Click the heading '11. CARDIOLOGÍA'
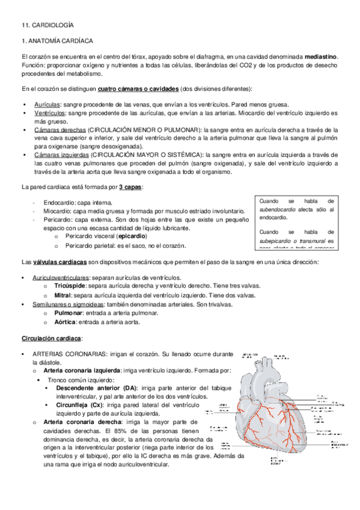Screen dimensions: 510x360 (x=47, y=25)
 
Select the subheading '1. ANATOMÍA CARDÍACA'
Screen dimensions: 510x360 (x=56, y=41)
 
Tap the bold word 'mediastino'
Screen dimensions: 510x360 (x=321, y=57)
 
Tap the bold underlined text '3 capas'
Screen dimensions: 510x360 (x=131, y=187)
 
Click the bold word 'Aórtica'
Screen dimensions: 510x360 (x=66, y=322)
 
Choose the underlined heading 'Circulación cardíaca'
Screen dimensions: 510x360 (x=52, y=338)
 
